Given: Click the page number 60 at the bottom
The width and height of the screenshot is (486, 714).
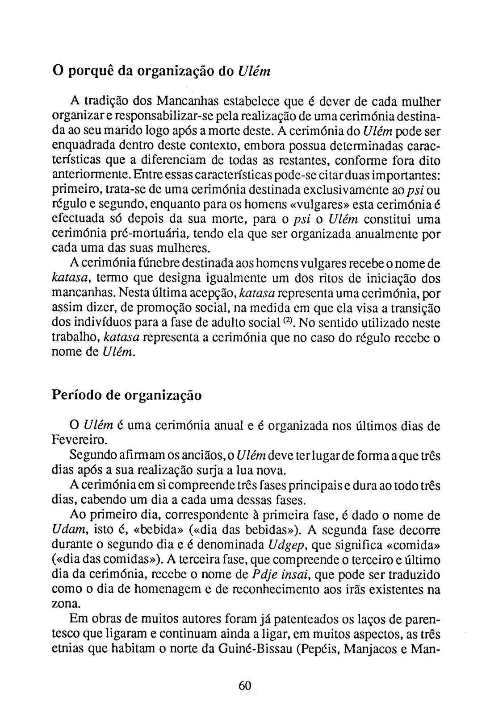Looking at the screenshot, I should pyautogui.click(x=245, y=685).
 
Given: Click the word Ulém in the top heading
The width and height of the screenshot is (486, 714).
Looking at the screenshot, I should pyautogui.click(x=252, y=71).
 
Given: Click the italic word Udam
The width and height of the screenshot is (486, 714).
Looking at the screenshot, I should pyautogui.click(x=66, y=530).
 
